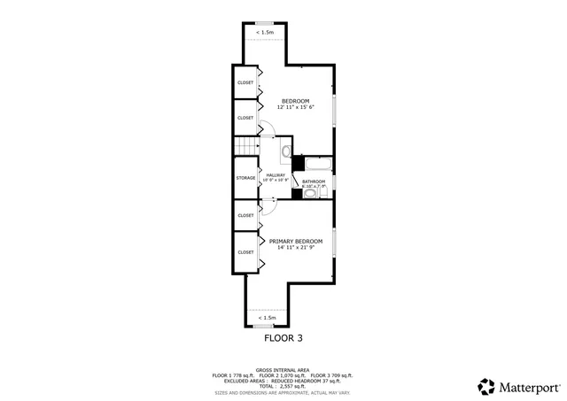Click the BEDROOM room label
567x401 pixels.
pyautogui.click(x=295, y=101)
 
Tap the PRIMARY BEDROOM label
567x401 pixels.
pyautogui.click(x=295, y=241)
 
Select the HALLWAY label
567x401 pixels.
pyautogui.click(x=276, y=175)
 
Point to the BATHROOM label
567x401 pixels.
pyautogui.click(x=314, y=181)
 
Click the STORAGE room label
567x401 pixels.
pyautogui.click(x=245, y=178)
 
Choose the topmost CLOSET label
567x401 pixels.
pyautogui.click(x=245, y=83)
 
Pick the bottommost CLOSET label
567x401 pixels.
pyautogui.click(x=245, y=251)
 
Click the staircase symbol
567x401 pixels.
pyautogui.click(x=245, y=146)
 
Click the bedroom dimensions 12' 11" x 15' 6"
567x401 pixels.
pyautogui.click(x=295, y=108)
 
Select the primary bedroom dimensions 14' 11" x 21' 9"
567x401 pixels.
pyautogui.click(x=295, y=248)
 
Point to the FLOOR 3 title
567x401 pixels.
pyautogui.click(x=283, y=337)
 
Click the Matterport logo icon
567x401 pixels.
pyautogui.click(x=486, y=387)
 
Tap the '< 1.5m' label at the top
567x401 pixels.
pyautogui.click(x=264, y=32)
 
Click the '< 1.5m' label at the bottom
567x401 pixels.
pyautogui.click(x=267, y=317)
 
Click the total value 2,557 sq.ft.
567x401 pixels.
pyautogui.click(x=295, y=387)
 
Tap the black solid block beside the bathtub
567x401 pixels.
pyautogui.click(x=298, y=164)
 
